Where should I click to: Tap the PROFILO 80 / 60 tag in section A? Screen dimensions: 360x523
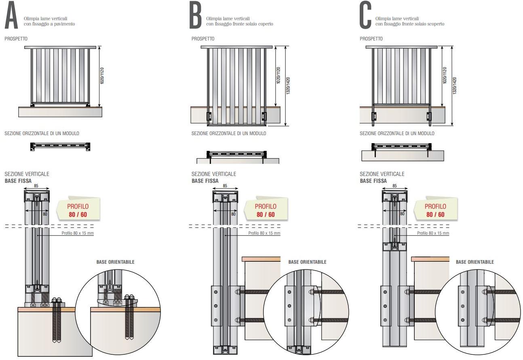(78, 210)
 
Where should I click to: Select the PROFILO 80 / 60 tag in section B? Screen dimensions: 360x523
(266, 210)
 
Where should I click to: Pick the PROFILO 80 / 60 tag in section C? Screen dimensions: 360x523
(435, 210)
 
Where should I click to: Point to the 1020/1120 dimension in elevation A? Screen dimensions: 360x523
(102, 75)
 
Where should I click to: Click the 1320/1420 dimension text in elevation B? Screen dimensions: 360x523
(288, 85)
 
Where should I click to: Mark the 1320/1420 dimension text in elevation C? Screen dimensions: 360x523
(455, 85)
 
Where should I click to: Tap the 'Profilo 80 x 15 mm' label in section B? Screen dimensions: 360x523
(264, 233)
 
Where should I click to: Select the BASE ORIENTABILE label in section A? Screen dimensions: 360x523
(115, 262)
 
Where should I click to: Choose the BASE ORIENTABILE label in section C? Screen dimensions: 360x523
(474, 262)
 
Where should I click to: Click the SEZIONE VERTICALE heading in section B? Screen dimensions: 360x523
(214, 174)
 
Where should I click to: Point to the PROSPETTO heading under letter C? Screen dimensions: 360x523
(371, 39)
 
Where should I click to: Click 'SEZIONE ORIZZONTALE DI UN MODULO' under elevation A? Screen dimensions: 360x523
(42, 133)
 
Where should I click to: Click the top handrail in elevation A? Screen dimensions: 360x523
(61, 47)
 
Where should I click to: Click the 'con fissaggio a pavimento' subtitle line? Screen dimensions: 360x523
(49, 24)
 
